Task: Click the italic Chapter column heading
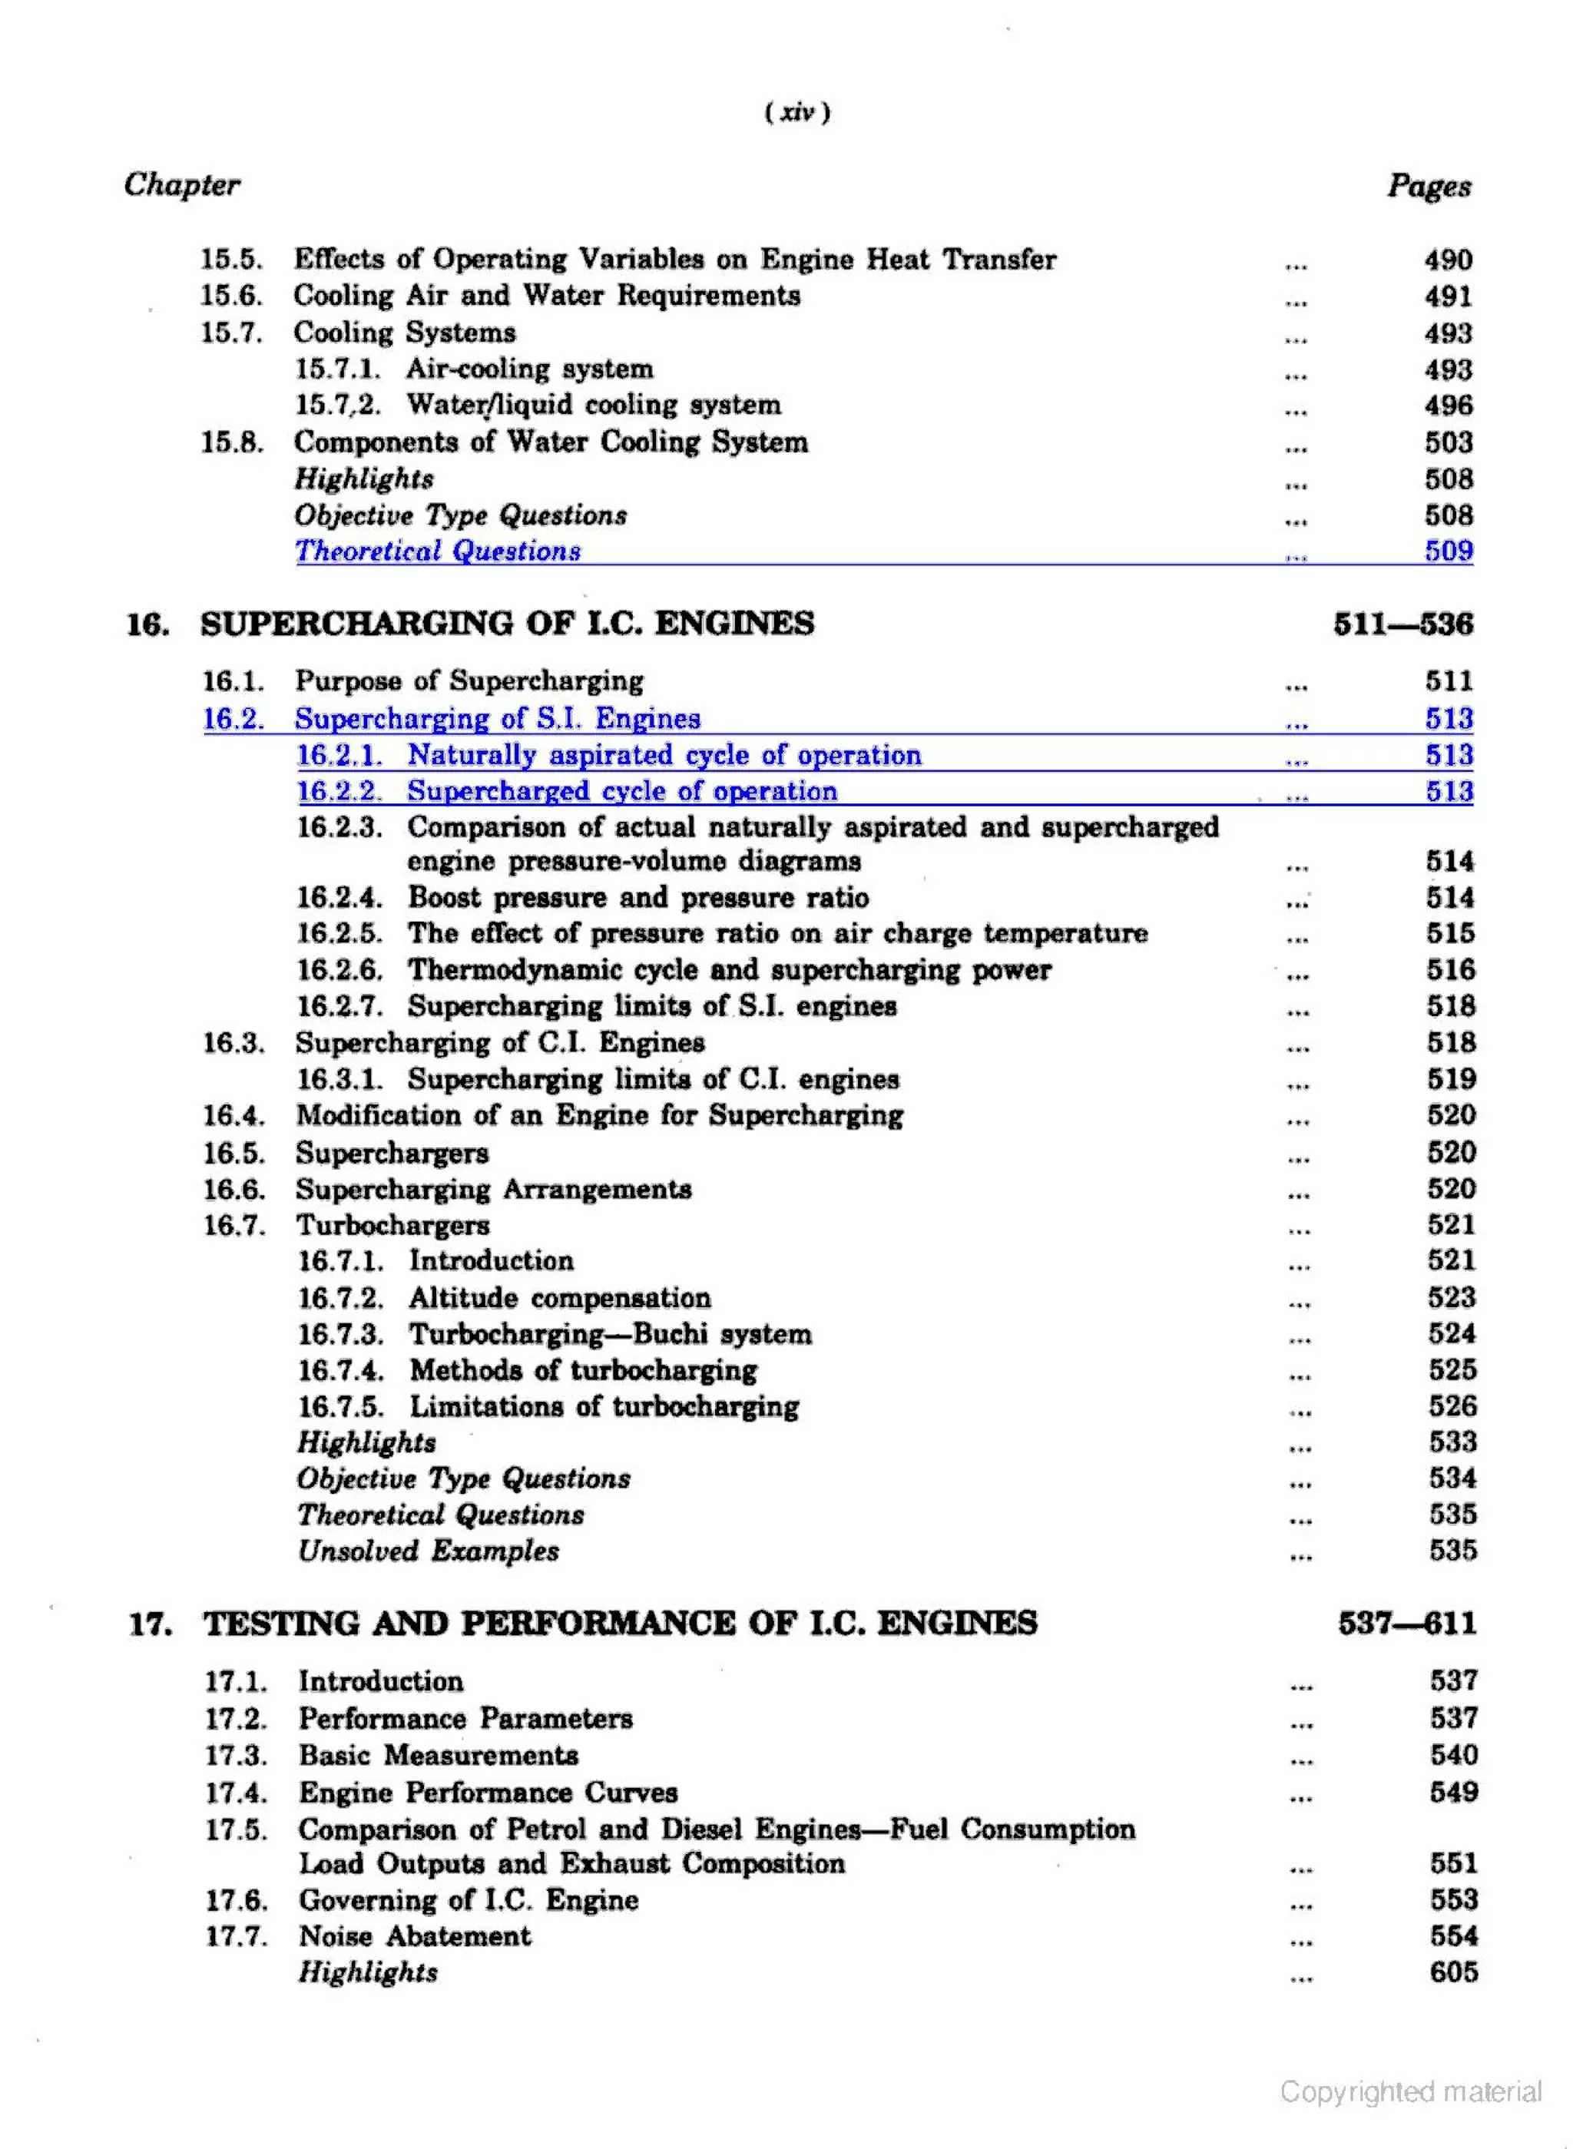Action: click(x=182, y=185)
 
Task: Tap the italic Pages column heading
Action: click(x=1429, y=186)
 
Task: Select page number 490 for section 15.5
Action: click(x=1447, y=260)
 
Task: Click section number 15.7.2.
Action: click(x=338, y=406)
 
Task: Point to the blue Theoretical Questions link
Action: click(x=438, y=551)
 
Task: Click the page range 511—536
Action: click(x=1402, y=624)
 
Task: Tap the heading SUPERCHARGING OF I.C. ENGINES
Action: click(x=508, y=624)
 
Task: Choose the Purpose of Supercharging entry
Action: click(x=469, y=682)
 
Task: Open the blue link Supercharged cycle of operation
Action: click(x=623, y=792)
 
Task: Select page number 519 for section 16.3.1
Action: click(x=1450, y=1080)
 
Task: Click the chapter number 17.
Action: click(x=151, y=1624)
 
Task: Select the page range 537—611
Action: click(x=1406, y=1624)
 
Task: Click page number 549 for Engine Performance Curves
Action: click(x=1453, y=1793)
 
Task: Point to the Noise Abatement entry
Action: click(x=416, y=1937)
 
